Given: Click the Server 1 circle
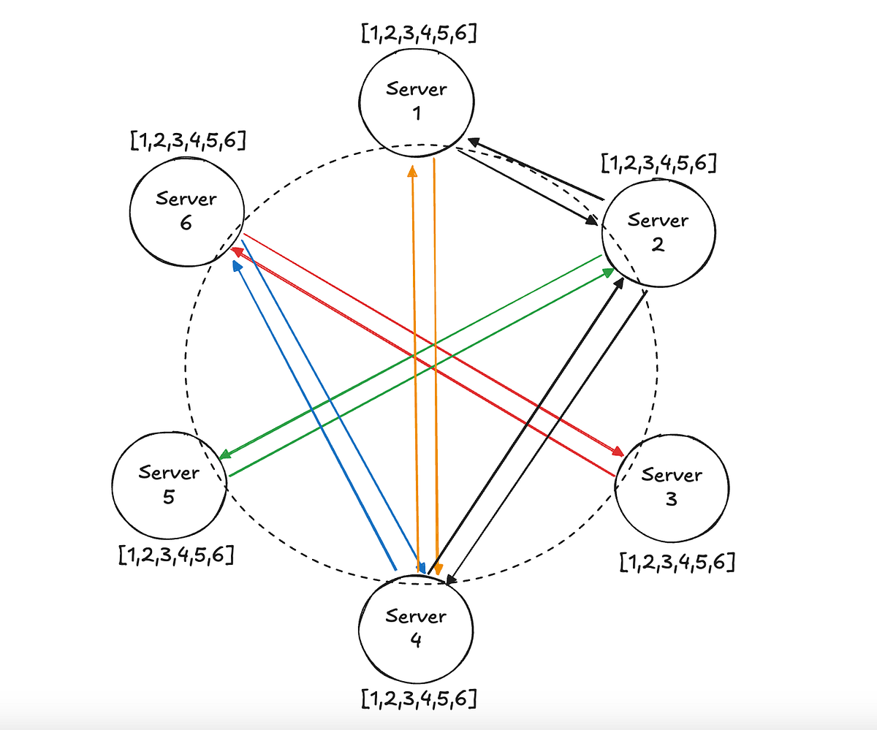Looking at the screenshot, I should coord(417,102).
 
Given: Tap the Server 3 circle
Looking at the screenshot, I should coord(671,487).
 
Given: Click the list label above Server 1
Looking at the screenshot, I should coord(419,34).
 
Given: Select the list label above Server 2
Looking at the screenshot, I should coord(658,163).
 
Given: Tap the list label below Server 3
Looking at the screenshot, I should coord(677,562).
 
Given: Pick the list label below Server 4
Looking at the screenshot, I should coord(419,699).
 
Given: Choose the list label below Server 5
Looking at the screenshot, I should coord(175,555).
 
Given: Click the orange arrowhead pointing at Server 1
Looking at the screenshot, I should coord(412,171).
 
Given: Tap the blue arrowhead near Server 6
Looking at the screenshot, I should coord(236,267).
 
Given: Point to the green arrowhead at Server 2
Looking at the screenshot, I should coord(609,273).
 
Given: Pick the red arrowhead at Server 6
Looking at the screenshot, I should coord(236,251).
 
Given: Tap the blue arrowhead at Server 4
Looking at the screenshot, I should coord(422,568).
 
